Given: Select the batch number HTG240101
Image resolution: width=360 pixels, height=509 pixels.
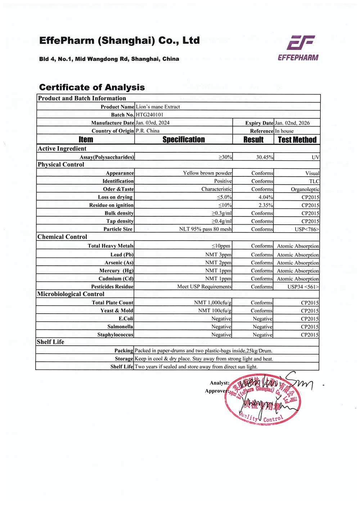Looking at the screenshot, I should (x=149, y=115).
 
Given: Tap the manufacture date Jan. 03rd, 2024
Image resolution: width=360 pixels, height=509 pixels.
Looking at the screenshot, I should (x=153, y=123).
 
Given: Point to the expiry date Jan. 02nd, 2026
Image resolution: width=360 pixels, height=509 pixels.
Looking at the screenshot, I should (x=292, y=123).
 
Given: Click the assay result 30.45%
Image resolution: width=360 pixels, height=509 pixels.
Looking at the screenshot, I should (x=265, y=157).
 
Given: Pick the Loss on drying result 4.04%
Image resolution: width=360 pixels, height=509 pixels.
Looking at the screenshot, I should (x=266, y=197).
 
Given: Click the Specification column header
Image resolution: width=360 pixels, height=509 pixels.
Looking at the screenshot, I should (x=184, y=140).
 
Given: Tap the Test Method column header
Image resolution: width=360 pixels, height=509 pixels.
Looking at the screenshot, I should (x=297, y=140).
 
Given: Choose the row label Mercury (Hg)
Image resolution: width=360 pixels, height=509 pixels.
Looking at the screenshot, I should (x=116, y=271).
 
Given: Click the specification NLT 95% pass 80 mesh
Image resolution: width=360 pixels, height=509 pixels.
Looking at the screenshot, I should (x=206, y=229).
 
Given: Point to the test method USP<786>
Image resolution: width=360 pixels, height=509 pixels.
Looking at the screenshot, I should (x=307, y=229).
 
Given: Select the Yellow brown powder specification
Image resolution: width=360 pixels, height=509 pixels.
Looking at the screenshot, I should (x=207, y=173).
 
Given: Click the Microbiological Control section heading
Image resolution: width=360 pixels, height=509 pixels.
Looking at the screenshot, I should (x=71, y=294).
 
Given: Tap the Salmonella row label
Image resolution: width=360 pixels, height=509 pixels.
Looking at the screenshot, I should (x=120, y=327).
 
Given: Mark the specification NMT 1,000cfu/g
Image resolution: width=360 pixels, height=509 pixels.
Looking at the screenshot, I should (x=213, y=303).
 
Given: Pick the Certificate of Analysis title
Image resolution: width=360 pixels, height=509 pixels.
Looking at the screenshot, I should (x=92, y=87).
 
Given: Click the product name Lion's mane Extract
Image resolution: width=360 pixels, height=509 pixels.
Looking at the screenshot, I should (x=158, y=107).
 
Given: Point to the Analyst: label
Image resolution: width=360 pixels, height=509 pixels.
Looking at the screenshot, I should (x=219, y=383).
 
